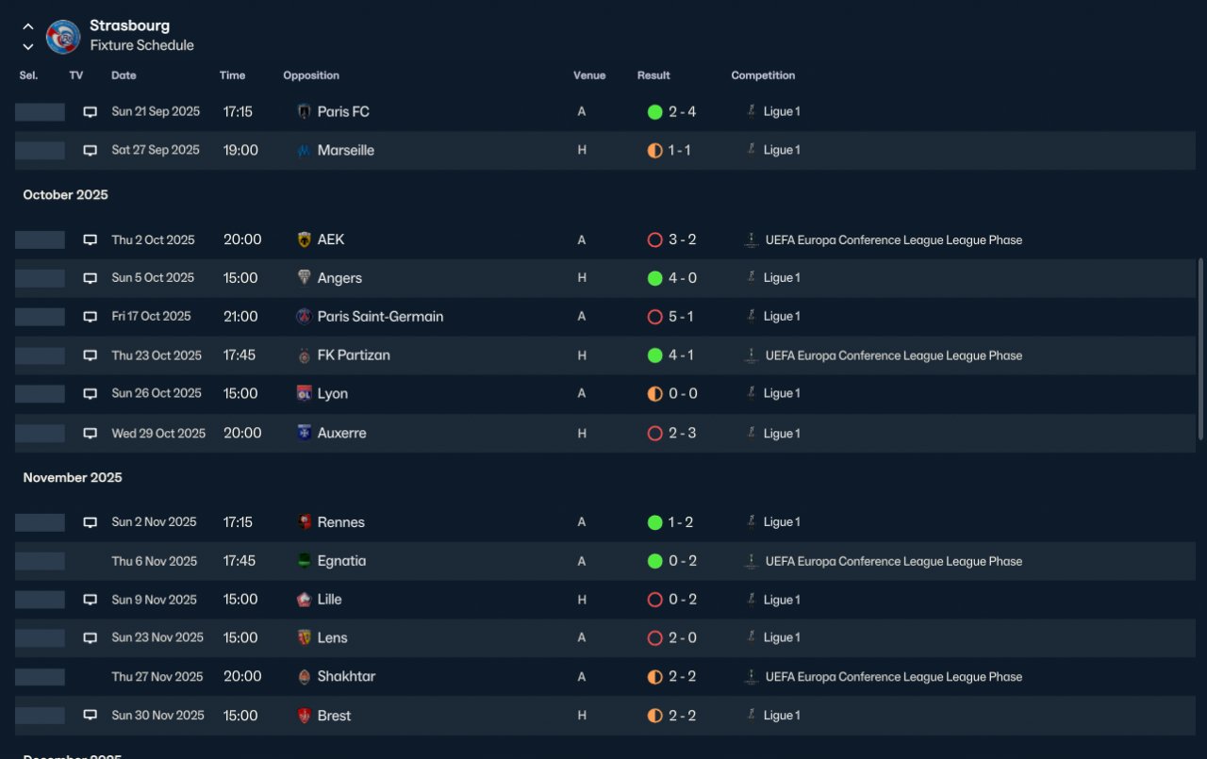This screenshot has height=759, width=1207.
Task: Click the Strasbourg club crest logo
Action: (x=63, y=37)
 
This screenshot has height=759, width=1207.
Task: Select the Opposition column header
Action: (x=311, y=75)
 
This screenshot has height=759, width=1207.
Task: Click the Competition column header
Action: (x=763, y=75)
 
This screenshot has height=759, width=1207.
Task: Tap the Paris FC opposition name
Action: (x=343, y=111)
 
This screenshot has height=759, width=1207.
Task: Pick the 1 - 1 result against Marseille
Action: (x=679, y=150)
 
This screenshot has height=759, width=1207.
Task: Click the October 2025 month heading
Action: (x=65, y=194)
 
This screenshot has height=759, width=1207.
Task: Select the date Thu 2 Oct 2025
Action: (x=153, y=239)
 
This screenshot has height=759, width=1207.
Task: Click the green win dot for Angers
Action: (x=654, y=278)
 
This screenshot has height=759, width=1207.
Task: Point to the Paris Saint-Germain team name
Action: (x=380, y=316)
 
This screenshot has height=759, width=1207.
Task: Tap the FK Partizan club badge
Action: (x=304, y=355)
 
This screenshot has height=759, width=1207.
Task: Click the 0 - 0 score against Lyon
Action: (x=683, y=394)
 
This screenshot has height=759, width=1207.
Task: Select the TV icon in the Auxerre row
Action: (x=90, y=433)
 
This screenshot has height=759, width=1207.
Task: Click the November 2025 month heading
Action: (x=73, y=477)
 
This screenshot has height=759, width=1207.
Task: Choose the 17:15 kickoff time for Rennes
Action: (x=238, y=522)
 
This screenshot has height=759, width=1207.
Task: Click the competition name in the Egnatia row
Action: (x=893, y=561)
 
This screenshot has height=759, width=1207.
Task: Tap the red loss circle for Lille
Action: (x=654, y=600)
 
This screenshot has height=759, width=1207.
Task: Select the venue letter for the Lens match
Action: (x=582, y=637)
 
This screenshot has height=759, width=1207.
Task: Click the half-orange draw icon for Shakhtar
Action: (x=654, y=677)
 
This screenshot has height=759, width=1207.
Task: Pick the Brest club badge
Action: (x=304, y=716)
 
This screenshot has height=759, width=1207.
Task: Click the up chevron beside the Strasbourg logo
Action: (x=28, y=25)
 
